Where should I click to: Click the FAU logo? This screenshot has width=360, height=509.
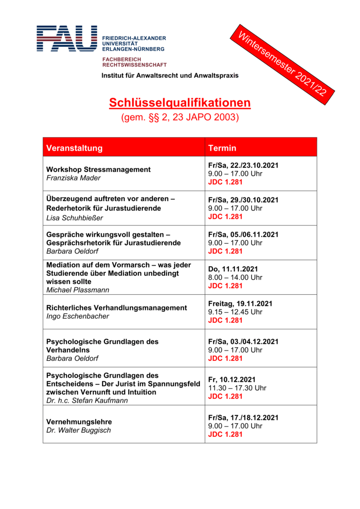[67, 38]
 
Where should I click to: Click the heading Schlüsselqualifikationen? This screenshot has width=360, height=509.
[180, 103]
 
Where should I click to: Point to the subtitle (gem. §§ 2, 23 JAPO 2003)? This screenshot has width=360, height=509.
[180, 117]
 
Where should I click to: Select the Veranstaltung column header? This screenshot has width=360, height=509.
[75, 148]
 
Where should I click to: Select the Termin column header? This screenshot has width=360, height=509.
[222, 148]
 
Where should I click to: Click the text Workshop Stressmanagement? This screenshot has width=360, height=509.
[98, 170]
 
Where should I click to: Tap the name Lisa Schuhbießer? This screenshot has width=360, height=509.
[75, 217]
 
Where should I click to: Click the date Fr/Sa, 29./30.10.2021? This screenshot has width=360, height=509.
[243, 200]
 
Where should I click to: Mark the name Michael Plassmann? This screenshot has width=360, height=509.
[78, 290]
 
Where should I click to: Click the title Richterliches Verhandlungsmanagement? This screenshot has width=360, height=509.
[117, 308]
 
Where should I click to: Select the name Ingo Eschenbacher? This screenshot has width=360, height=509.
[78, 316]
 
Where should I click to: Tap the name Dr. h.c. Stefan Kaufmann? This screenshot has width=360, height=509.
[87, 401]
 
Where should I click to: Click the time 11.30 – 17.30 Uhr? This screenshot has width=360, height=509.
[237, 388]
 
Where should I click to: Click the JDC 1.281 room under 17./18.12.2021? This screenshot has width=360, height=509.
[225, 434]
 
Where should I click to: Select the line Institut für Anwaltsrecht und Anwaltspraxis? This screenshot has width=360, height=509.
[170, 75]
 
